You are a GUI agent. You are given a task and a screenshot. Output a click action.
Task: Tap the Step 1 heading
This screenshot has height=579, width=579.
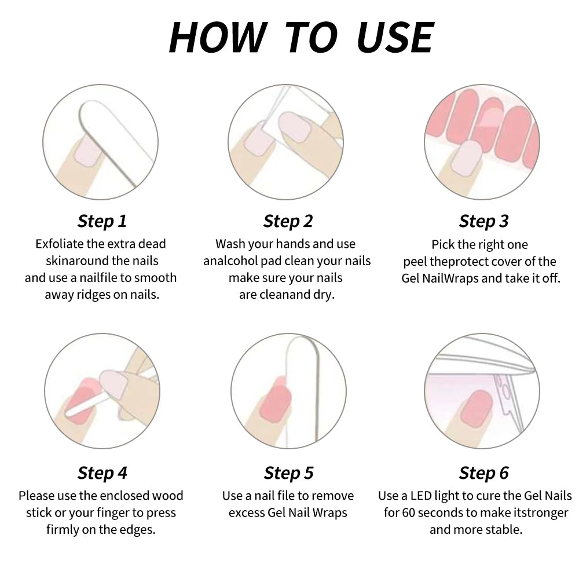point(102,221)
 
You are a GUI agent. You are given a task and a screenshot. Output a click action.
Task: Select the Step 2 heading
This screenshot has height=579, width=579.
point(288,221)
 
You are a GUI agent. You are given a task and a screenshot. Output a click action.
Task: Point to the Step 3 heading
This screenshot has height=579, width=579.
point(483,221)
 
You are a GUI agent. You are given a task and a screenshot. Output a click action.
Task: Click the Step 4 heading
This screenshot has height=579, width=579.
point(102,472)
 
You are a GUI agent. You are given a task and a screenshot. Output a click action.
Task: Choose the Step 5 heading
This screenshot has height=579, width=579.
point(288,472)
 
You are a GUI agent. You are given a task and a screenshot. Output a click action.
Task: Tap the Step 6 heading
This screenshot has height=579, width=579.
point(483,472)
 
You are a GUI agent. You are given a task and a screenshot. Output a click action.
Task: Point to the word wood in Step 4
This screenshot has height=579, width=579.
point(167,496)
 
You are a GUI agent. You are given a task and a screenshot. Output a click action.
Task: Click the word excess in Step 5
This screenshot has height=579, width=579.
point(247,513)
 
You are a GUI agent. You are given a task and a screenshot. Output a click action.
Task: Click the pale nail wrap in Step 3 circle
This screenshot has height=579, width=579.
point(467,157)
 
